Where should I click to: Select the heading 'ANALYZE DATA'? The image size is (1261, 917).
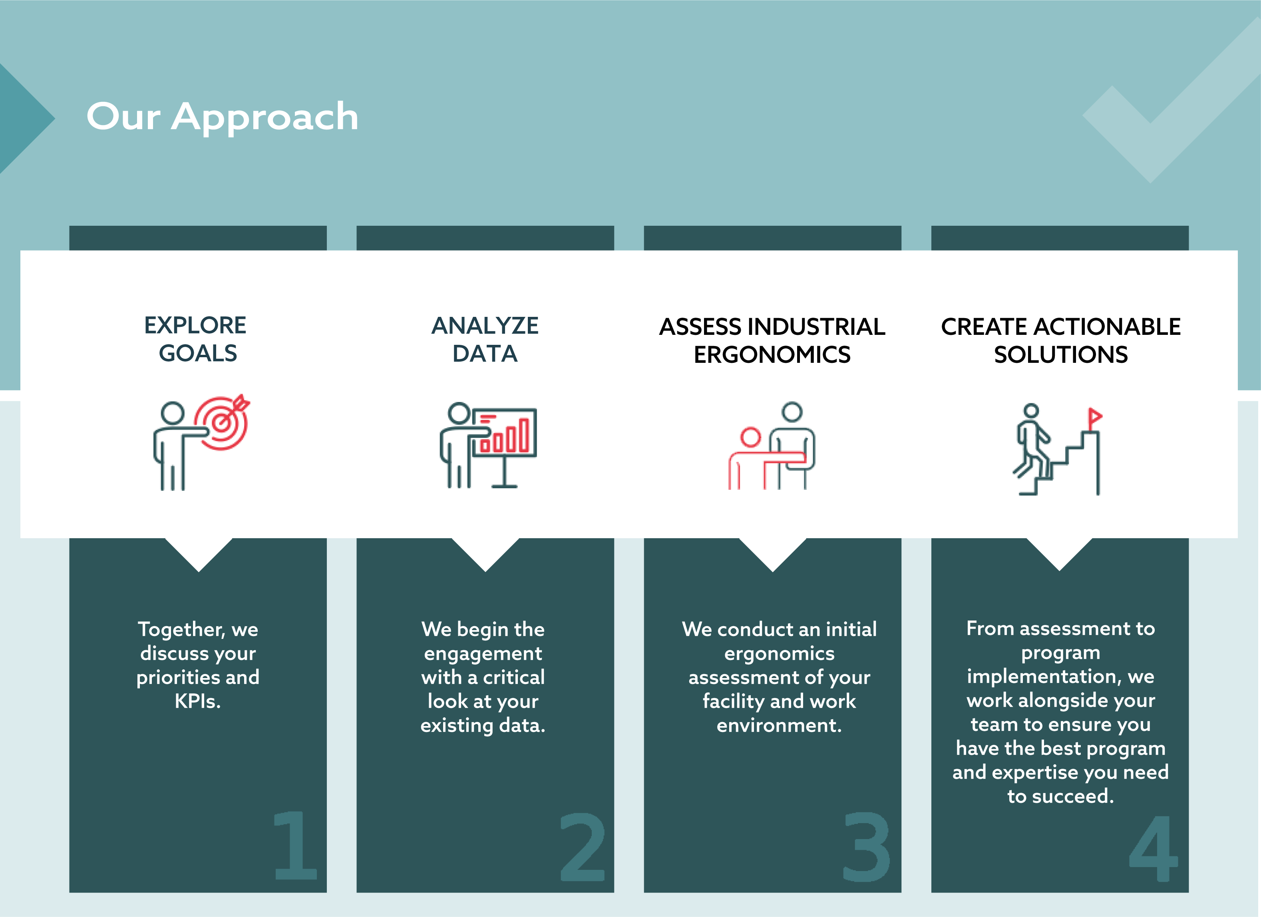pos(485,339)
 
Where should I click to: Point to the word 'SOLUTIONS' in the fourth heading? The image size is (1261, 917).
pos(1060,355)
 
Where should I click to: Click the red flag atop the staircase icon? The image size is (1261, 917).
pos(1094,416)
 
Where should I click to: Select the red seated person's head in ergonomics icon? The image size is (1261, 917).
pos(751,437)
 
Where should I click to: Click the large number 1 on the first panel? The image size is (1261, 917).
pos(295,845)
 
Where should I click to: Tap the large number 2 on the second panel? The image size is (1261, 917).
pos(582,847)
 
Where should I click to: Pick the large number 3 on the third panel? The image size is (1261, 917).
pos(866,847)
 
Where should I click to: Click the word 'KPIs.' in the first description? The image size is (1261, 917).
pos(198,701)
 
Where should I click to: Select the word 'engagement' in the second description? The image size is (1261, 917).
pos(483,653)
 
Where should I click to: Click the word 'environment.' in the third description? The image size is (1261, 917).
pos(779,725)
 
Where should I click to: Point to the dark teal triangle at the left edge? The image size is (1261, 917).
pos(22,118)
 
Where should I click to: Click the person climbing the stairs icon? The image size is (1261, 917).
pos(1032,445)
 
